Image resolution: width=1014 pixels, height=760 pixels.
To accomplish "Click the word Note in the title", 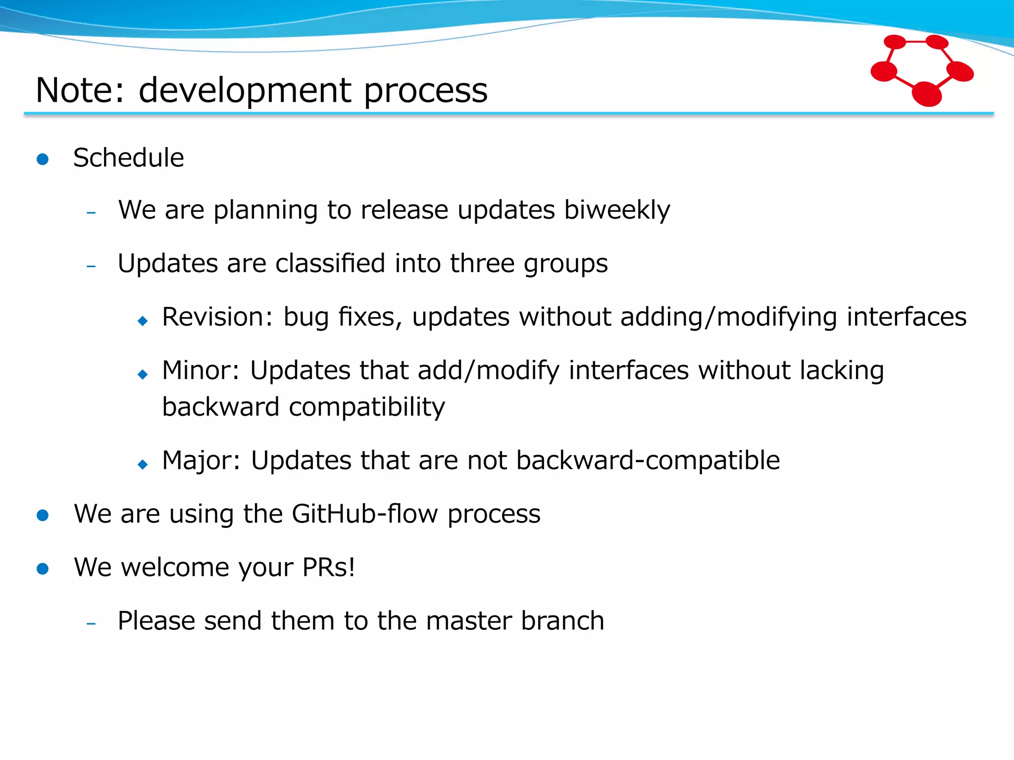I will [79, 91].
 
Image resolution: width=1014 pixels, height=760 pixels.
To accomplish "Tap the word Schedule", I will [128, 158].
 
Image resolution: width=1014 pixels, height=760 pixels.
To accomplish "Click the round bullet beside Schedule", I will [43, 159].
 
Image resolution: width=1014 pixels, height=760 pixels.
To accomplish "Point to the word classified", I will [330, 263].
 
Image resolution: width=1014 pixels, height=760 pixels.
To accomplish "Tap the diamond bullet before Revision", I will [143, 321].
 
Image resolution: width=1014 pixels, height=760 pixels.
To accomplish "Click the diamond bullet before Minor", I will [143, 375].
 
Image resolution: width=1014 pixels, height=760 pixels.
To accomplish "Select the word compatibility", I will [366, 408].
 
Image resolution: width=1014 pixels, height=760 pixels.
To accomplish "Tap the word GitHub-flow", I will [365, 514].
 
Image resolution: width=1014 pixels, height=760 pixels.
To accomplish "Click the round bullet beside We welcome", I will [43, 569].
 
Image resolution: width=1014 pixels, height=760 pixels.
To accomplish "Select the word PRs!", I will [329, 568].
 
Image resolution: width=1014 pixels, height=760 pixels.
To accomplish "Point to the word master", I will [468, 621].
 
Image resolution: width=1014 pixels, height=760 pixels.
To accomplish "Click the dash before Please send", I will [91, 624].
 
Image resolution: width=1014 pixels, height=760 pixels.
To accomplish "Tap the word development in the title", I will [245, 91].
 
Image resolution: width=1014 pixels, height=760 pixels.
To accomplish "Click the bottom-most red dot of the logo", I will [926, 94].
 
